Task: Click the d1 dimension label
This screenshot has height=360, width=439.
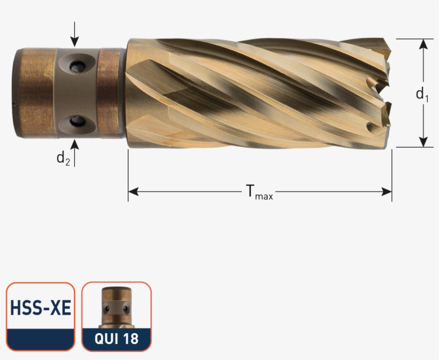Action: click(422, 95)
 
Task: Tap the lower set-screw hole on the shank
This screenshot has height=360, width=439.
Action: click(77, 121)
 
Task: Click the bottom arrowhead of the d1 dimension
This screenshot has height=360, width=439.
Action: click(424, 141)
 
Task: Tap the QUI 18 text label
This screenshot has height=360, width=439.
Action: click(116, 339)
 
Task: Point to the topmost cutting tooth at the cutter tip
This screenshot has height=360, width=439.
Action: click(384, 45)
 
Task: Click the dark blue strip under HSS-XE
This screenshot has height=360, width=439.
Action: click(41, 339)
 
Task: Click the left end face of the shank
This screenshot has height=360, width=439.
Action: click(16, 94)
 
